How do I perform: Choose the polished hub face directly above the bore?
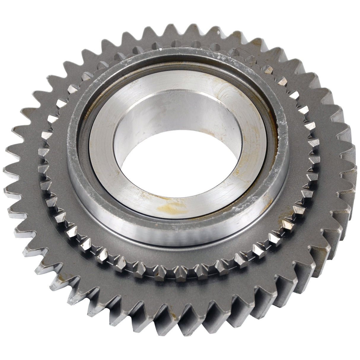click(x=175, y=80)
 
